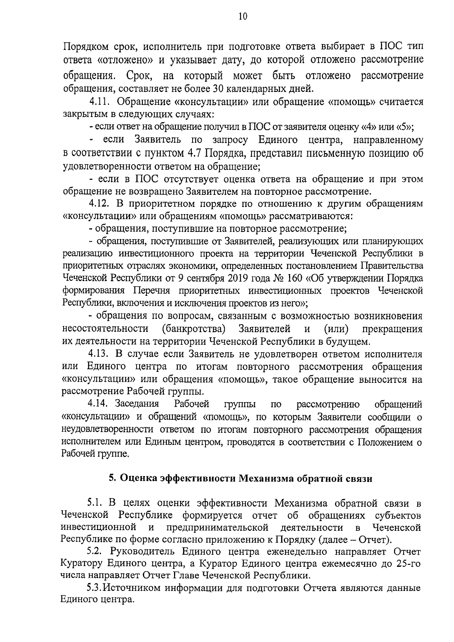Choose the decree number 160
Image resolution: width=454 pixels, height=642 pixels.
pos(295,278)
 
